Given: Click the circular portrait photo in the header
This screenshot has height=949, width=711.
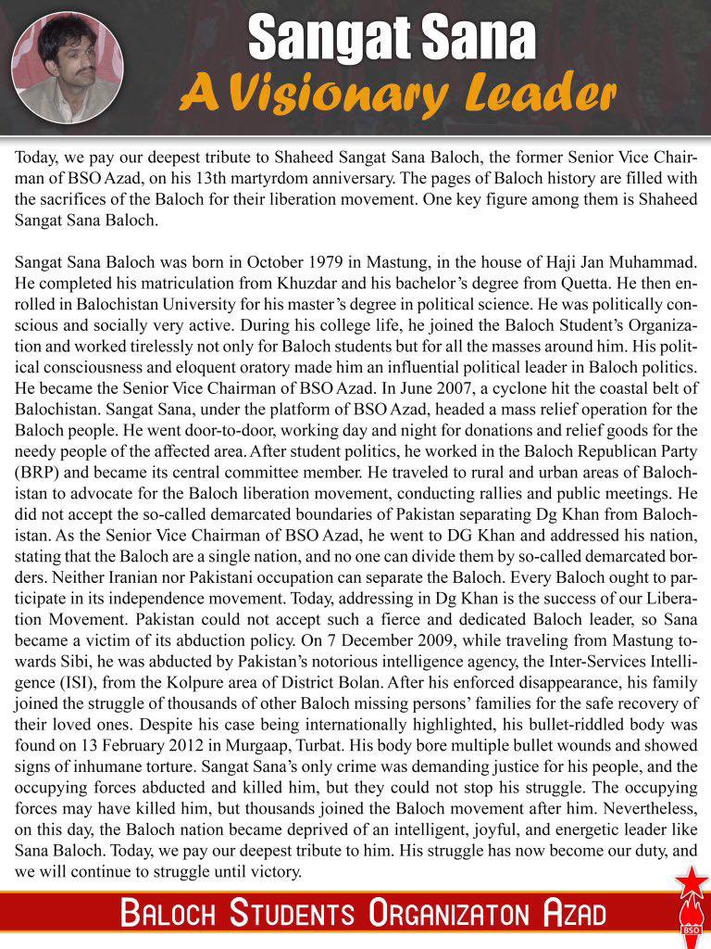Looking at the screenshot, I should click(67, 68).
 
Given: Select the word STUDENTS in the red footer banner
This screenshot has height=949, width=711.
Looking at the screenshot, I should click(293, 914).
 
